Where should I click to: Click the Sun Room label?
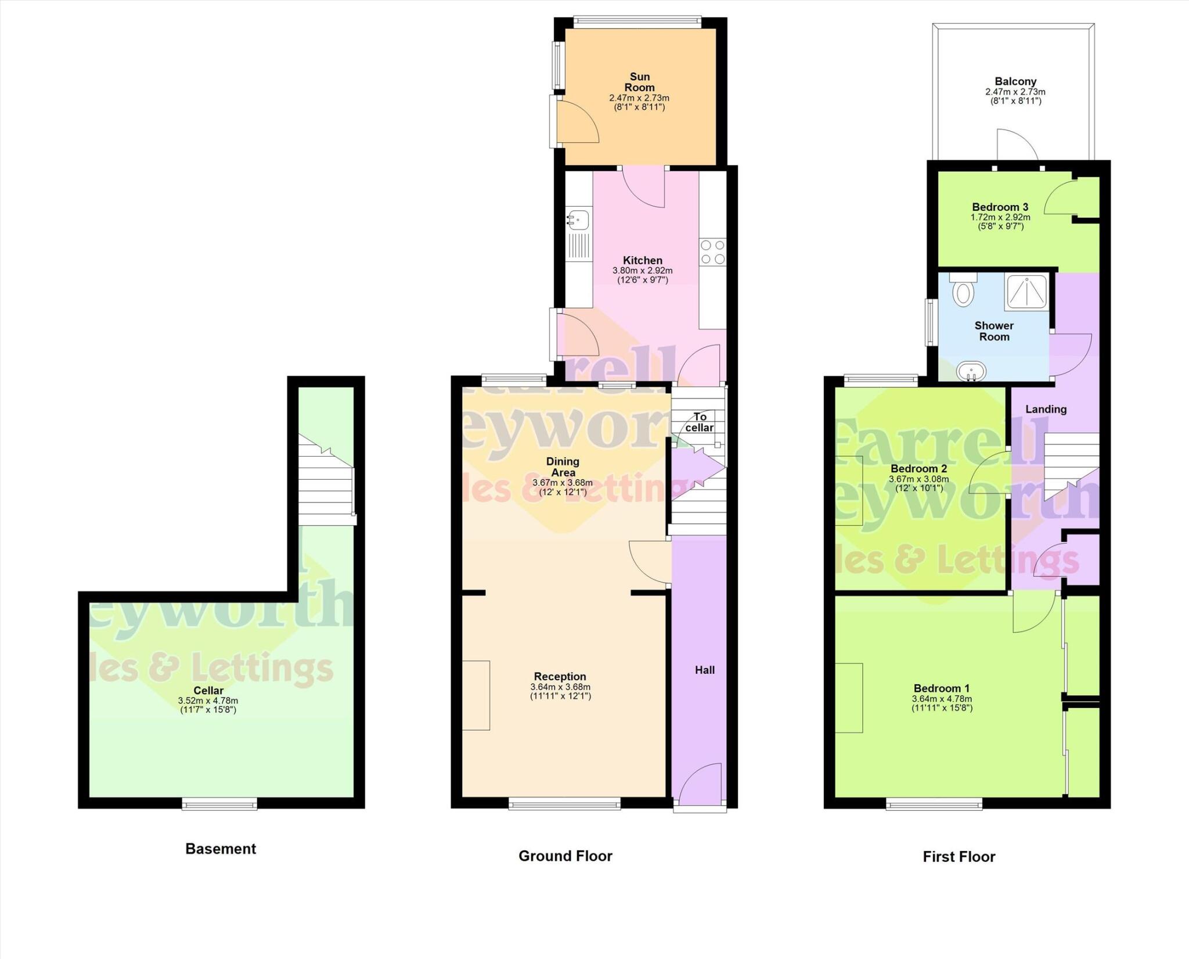tap(639, 82)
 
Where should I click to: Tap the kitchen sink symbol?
tap(578, 220)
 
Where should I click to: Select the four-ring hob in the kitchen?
tap(712, 252)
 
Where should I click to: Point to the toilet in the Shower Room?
tap(963, 290)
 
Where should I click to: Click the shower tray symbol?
tap(1027, 292)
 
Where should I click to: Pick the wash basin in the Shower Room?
tap(971, 370)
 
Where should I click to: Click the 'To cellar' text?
tap(700, 422)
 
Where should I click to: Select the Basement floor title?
tap(221, 849)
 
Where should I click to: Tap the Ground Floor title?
tap(565, 856)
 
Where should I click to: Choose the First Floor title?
tap(959, 857)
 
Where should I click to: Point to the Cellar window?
tap(219, 804)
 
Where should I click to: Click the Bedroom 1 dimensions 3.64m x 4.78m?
tap(942, 699)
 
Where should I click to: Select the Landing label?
tap(1046, 409)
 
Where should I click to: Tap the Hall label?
tap(705, 670)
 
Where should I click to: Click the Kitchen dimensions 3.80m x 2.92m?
tap(642, 271)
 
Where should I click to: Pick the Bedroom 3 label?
tap(1000, 207)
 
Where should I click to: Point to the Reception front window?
tap(564, 804)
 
